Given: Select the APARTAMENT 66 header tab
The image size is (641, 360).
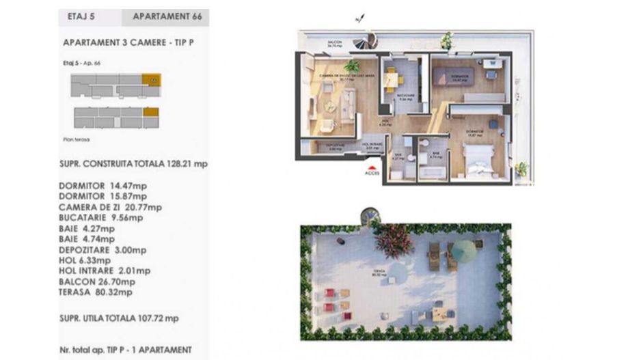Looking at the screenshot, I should coord(165,17).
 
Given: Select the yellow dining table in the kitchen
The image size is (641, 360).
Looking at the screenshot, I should coord(390,81).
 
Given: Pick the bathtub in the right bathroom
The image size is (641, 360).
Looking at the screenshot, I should coord(432,171).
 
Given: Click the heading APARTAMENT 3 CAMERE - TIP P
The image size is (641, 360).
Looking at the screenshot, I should coord(128,42).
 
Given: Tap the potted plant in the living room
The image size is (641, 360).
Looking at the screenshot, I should coord(352,66).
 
